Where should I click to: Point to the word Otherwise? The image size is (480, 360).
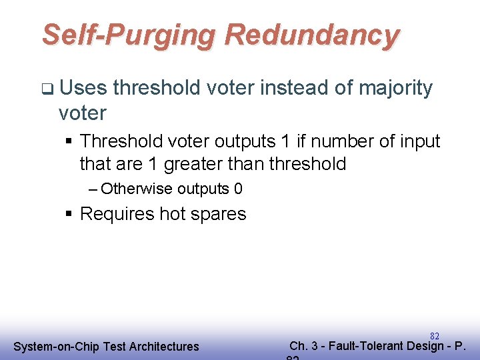(x=137, y=189)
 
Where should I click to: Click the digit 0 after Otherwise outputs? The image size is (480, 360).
(x=238, y=189)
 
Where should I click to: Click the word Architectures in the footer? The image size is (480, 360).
(x=164, y=346)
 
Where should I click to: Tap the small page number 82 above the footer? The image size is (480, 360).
(x=435, y=335)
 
